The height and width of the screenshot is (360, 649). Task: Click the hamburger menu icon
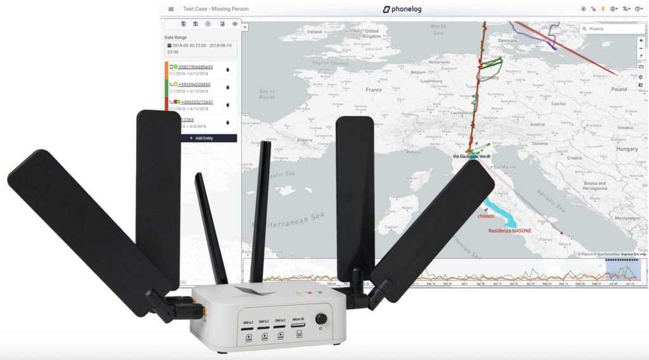pos(171,10)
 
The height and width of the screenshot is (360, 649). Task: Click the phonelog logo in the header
pos(406,10)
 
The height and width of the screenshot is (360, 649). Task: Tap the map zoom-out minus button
pos(641,48)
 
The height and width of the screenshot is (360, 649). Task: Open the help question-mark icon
pos(638,9)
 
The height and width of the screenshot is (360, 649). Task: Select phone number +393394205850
pos(194,84)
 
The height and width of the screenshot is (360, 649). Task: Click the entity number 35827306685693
pos(195,67)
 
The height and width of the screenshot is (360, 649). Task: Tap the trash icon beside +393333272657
pos(228,105)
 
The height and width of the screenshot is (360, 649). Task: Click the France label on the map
pos(374,90)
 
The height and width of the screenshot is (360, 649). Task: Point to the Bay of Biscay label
pos(267,95)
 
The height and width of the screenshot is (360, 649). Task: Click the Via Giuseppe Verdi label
pos(471,155)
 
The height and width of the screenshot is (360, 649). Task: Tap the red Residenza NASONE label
pos(510,231)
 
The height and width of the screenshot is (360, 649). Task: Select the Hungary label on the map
pos(627,149)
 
